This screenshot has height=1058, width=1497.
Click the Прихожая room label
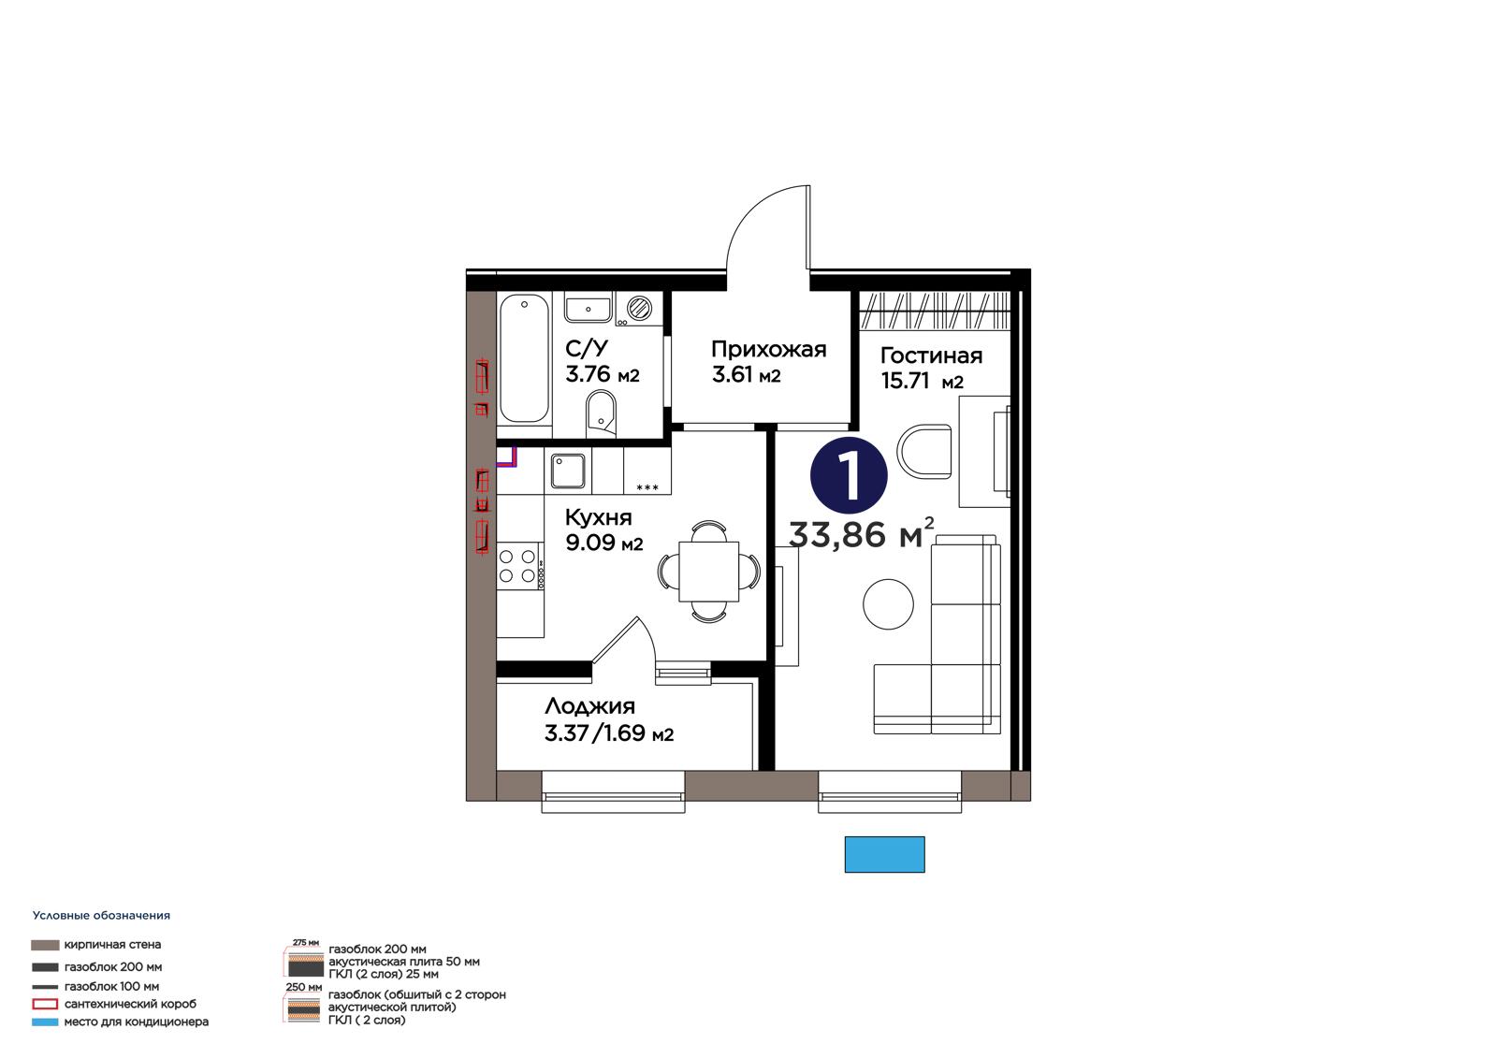pos(768,349)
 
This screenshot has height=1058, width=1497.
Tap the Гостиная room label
pos(931,355)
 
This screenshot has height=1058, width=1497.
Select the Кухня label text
pos(598,517)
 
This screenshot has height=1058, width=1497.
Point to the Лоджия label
pos(589,705)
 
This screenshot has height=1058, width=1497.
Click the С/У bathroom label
pos(587,348)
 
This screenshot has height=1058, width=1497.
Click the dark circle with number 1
pos(849,476)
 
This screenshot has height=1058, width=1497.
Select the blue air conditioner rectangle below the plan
pos(884,854)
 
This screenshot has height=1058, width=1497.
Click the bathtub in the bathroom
pos(525,359)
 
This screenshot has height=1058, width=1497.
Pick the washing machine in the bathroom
pos(639,309)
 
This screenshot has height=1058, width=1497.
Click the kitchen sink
pos(568,471)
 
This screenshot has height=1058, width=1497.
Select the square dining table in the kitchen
pos(708,572)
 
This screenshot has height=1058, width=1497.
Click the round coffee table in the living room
pos(888,603)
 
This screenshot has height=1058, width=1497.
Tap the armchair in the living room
pos(924,451)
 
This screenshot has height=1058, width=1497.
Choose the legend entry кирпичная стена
pos(112,945)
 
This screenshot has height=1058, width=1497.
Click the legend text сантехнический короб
pos(130,1003)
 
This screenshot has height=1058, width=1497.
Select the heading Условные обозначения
pos(101,915)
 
